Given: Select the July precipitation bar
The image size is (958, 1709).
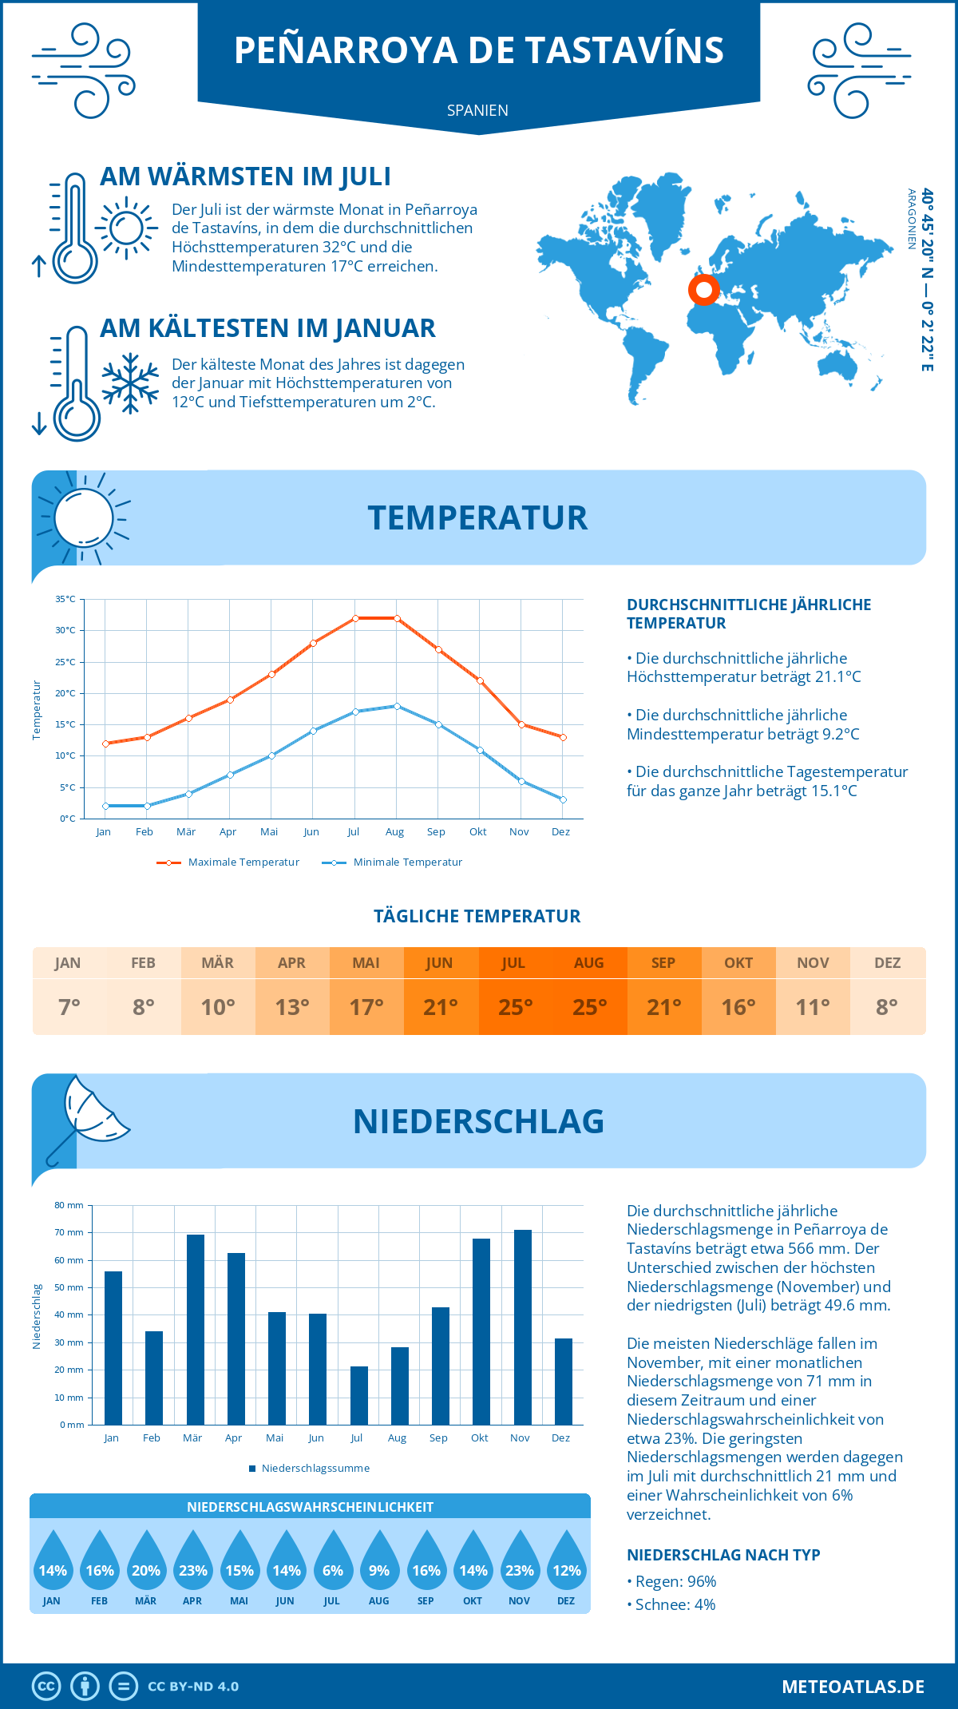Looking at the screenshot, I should [359, 1395].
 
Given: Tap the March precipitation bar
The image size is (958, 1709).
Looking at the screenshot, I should [196, 1330].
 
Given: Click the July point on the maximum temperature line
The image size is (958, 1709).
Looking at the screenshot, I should [355, 618].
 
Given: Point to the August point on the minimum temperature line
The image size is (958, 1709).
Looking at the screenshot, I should [397, 706].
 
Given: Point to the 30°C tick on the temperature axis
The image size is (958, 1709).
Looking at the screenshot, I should [65, 630].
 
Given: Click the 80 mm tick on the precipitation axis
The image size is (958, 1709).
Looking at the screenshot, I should [69, 1205].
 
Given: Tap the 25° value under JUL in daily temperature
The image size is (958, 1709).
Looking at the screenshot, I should [515, 1007].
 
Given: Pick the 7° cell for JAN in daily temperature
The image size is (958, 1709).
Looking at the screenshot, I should [69, 1007].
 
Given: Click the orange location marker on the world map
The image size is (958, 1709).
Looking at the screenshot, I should [704, 289].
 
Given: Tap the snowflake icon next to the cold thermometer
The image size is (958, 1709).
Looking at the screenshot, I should [130, 383].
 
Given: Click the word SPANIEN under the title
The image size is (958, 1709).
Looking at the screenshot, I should [477, 110].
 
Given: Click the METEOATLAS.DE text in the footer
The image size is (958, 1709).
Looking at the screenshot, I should [853, 1686].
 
